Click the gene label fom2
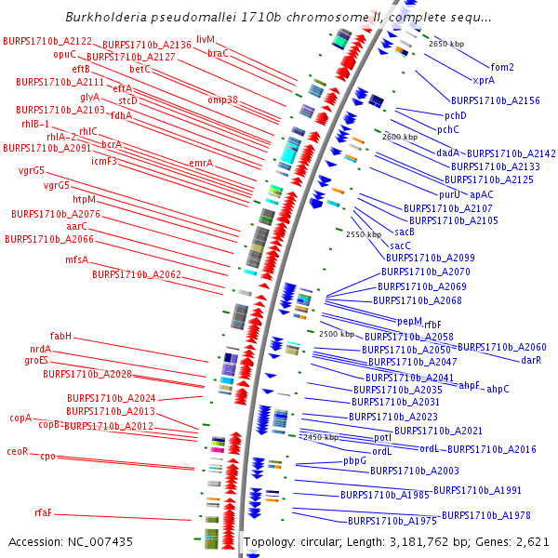[x=502, y=67]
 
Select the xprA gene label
[x=484, y=80]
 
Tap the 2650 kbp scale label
[x=446, y=44]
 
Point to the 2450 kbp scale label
[x=319, y=436]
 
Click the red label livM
[x=206, y=40]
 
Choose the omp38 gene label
[x=222, y=100]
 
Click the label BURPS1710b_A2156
[x=495, y=100]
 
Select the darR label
[x=531, y=360]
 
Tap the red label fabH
[x=60, y=336]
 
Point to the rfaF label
[x=44, y=512]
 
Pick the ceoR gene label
[x=18, y=451]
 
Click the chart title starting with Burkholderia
[x=279, y=17]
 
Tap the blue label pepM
[x=410, y=321]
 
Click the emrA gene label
[x=201, y=164]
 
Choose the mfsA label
[x=76, y=259]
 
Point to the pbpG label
[x=354, y=460]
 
